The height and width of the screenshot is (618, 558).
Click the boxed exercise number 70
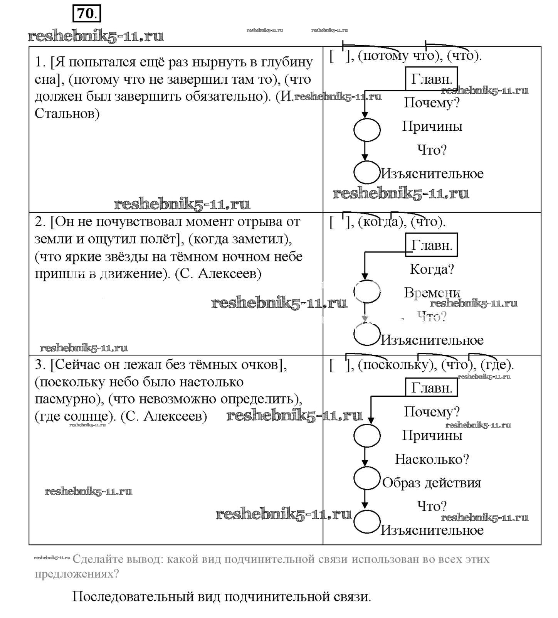87,14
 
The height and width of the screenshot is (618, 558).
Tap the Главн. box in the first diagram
431,79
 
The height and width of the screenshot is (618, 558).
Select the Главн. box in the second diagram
431,245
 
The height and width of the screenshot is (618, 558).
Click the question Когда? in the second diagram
432,269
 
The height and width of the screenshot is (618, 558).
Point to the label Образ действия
431,483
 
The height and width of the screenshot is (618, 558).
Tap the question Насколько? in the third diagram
432,459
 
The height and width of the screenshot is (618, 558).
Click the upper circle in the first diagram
367,130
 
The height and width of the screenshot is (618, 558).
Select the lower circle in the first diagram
366,172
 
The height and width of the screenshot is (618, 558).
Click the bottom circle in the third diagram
367,522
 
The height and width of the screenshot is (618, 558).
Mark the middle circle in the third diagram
367,478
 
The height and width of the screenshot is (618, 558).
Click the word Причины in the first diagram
432,126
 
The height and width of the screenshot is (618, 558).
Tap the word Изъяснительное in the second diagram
432,340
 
